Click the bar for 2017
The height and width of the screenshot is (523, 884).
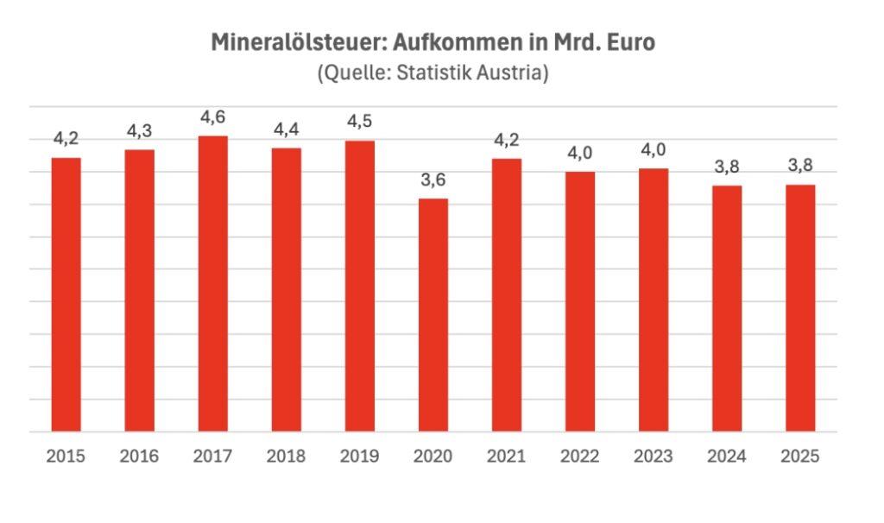(212, 284)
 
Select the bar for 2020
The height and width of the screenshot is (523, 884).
(433, 315)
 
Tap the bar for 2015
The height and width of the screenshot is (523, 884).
(66, 294)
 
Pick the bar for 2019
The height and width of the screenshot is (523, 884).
(359, 286)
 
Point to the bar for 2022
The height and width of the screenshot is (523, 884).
(579, 301)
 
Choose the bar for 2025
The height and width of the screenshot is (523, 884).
(800, 308)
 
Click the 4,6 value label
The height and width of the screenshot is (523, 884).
(212, 117)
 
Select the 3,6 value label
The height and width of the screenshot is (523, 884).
(433, 180)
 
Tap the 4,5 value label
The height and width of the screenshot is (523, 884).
(359, 123)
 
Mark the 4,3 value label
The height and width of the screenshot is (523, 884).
(140, 131)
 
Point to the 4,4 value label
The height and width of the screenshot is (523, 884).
(286, 129)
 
